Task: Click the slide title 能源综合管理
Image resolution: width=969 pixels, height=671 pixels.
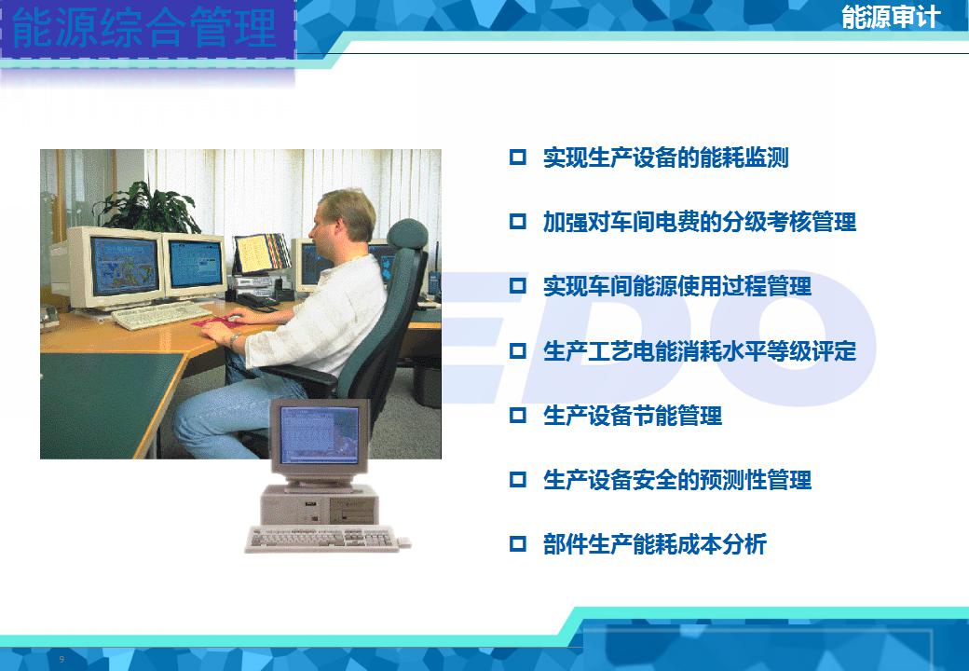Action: click(144, 28)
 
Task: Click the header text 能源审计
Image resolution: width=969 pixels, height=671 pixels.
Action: click(891, 17)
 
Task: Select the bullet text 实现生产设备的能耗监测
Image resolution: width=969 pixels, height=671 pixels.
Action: click(665, 157)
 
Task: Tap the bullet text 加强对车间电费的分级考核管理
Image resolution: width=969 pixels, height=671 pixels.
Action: click(700, 222)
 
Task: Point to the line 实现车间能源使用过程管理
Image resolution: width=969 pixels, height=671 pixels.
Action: click(677, 286)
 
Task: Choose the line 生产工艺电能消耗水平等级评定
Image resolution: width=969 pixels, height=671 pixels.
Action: click(700, 351)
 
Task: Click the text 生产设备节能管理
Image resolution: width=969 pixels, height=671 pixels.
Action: click(633, 416)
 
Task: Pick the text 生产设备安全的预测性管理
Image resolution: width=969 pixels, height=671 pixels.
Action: click(677, 479)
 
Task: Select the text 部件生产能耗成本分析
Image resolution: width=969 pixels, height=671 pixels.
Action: click(655, 544)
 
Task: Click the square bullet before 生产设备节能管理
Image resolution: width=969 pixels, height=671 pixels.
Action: click(518, 415)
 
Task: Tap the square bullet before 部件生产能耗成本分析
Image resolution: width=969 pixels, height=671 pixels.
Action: click(518, 543)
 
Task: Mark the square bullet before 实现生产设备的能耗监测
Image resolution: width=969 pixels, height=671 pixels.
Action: click(518, 157)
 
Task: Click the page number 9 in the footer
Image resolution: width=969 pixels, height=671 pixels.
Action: click(61, 659)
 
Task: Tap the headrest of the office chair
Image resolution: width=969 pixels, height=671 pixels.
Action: click(408, 235)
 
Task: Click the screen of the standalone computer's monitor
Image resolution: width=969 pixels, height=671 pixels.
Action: click(319, 435)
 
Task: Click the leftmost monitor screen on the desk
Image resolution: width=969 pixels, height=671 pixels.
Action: click(124, 266)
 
